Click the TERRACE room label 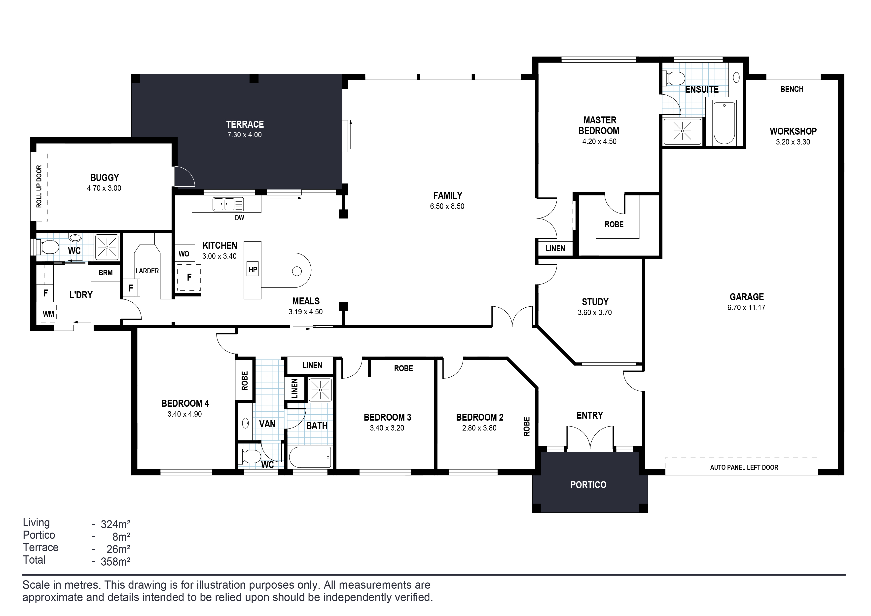(x=245, y=124)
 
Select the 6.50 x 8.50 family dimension (x=447, y=206)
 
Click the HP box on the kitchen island (x=253, y=269)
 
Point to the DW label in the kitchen (x=239, y=218)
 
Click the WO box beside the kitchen (x=184, y=254)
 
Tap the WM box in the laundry (x=48, y=314)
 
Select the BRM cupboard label (x=106, y=273)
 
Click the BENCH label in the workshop (x=792, y=89)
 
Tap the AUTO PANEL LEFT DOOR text (x=744, y=467)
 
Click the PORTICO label (x=588, y=485)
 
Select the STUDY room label (x=595, y=302)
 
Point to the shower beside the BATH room (x=321, y=390)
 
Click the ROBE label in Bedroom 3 (x=403, y=368)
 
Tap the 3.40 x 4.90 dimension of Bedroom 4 (x=185, y=414)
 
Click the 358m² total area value (x=115, y=561)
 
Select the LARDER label (x=147, y=271)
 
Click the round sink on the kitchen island (x=297, y=271)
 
